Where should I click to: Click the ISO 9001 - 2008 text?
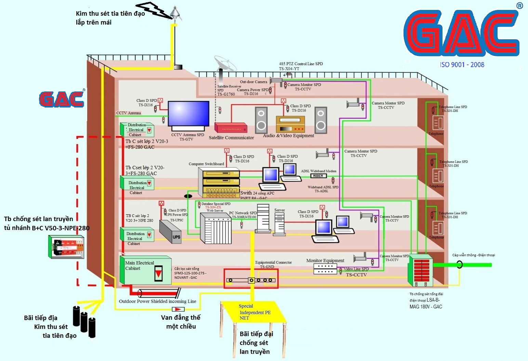(x=462, y=65)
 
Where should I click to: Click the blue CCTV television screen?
(x=188, y=114)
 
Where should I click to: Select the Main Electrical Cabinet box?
(x=146, y=270)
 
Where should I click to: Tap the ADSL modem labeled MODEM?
(x=318, y=176)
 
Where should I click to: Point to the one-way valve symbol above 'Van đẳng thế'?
(x=178, y=309)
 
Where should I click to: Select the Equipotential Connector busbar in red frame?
(x=251, y=280)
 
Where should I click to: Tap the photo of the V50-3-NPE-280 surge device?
(x=66, y=247)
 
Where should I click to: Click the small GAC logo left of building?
(x=62, y=99)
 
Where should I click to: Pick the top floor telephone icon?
(x=438, y=122)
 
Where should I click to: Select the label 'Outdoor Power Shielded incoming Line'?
(x=157, y=301)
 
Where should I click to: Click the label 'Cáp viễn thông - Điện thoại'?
(x=473, y=255)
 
